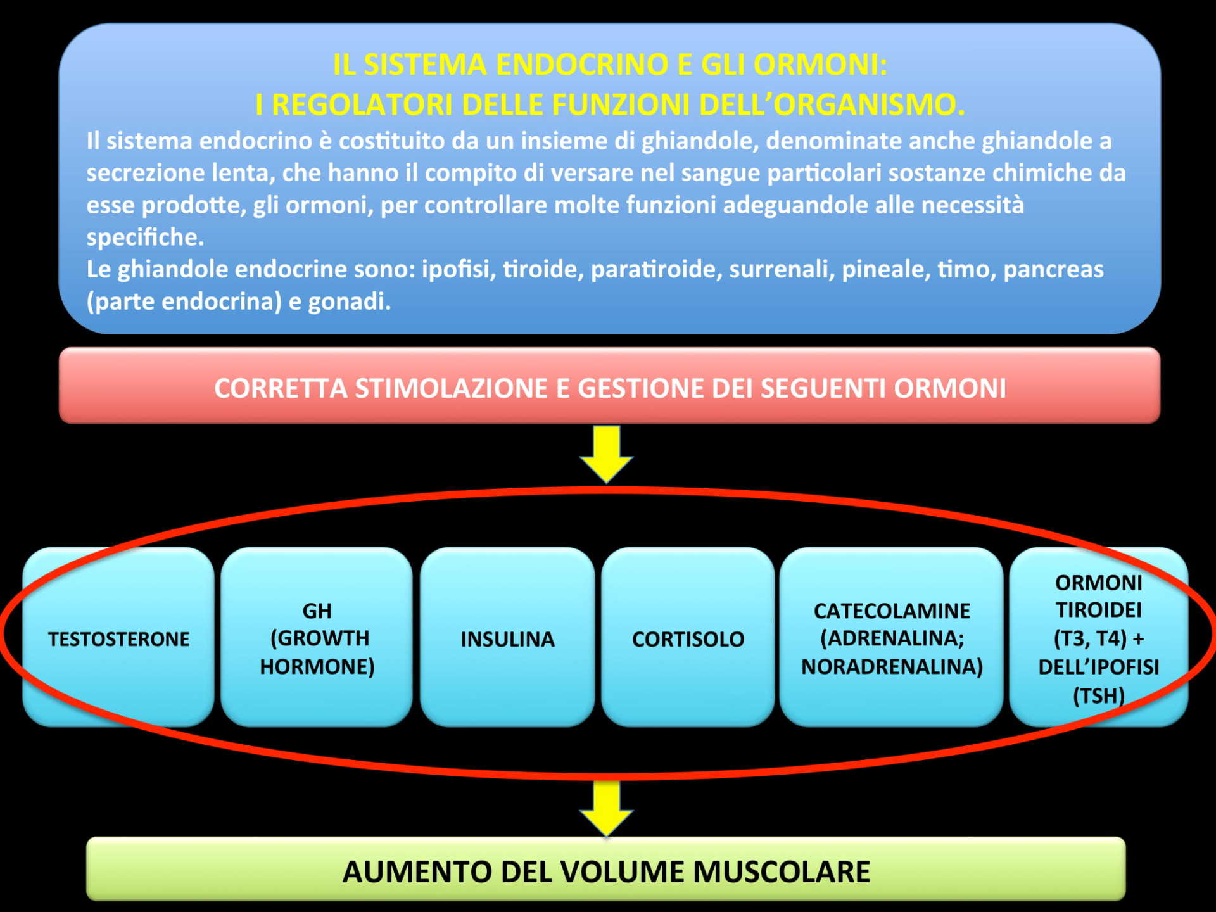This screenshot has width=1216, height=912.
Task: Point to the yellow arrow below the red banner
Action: [x=606, y=454]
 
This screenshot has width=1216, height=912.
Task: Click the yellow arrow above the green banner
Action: [x=606, y=809]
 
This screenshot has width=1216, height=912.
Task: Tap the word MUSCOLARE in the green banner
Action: [x=782, y=871]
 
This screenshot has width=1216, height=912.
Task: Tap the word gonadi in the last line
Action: [x=349, y=302]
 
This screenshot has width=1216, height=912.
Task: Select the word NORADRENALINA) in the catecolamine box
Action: [x=892, y=666]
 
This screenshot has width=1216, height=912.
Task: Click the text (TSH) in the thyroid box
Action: [x=1098, y=695]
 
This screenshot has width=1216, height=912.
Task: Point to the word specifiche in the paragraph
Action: [x=145, y=237]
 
